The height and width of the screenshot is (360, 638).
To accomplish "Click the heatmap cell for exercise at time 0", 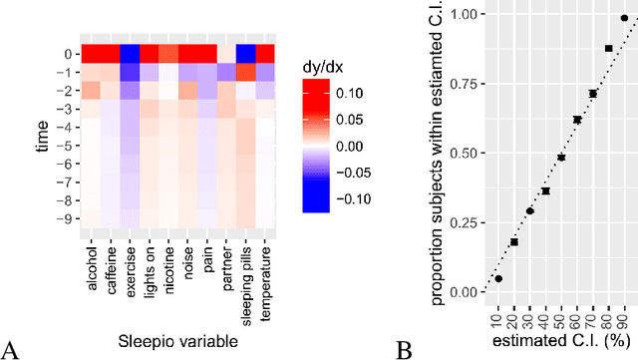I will tap(130, 54).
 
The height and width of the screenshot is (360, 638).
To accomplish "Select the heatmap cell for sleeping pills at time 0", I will tap(246, 54).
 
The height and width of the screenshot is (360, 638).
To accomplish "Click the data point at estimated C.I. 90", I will tap(624, 17).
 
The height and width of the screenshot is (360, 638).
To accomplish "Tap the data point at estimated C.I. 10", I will tap(498, 279).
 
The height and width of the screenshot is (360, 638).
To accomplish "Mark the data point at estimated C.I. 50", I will tap(561, 158).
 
